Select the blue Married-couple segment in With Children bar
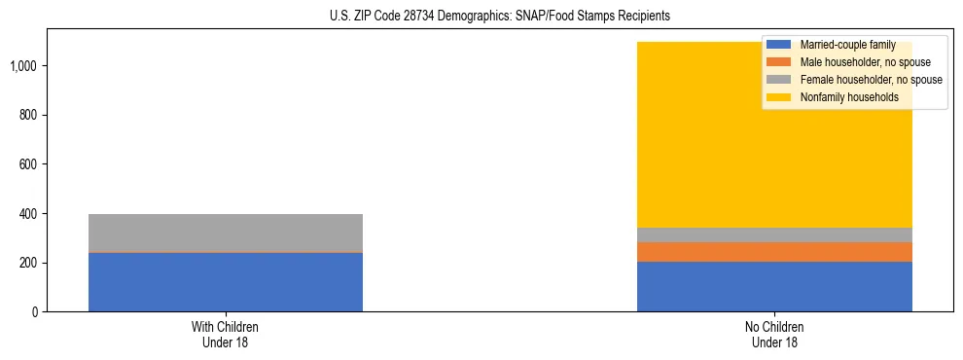(225, 282)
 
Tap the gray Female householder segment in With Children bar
(225, 233)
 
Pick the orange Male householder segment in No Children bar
(774, 252)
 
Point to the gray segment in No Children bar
(774, 234)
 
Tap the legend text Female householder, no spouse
(870, 80)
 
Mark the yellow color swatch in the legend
(778, 97)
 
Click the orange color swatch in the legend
(778, 62)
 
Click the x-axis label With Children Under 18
(225, 335)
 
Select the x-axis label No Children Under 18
(774, 335)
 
